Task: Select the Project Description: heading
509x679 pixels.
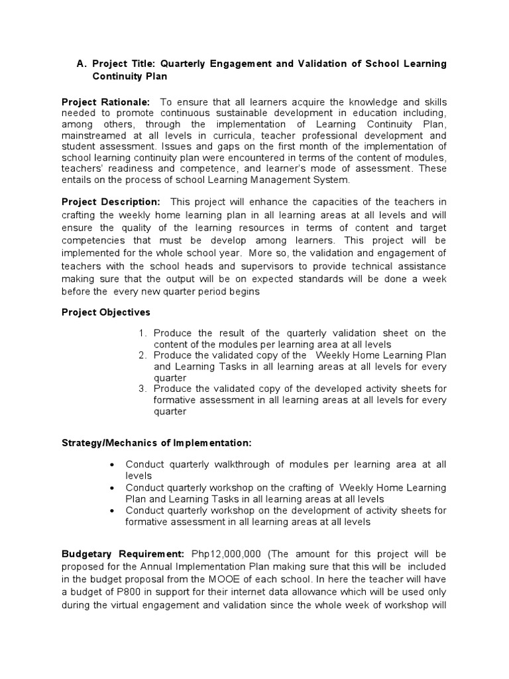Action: [x=111, y=202]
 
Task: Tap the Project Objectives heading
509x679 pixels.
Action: [x=105, y=312]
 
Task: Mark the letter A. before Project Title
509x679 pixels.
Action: [x=83, y=64]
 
